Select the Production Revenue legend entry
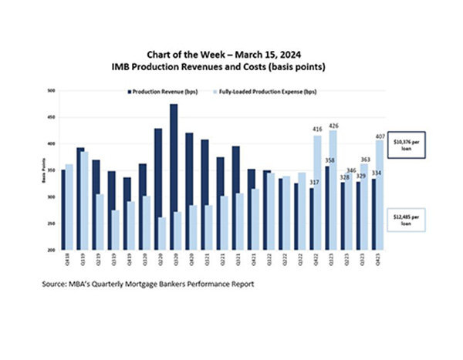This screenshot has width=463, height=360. [158, 92]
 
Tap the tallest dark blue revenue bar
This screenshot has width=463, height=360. [174, 177]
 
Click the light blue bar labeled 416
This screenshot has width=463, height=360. [317, 193]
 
